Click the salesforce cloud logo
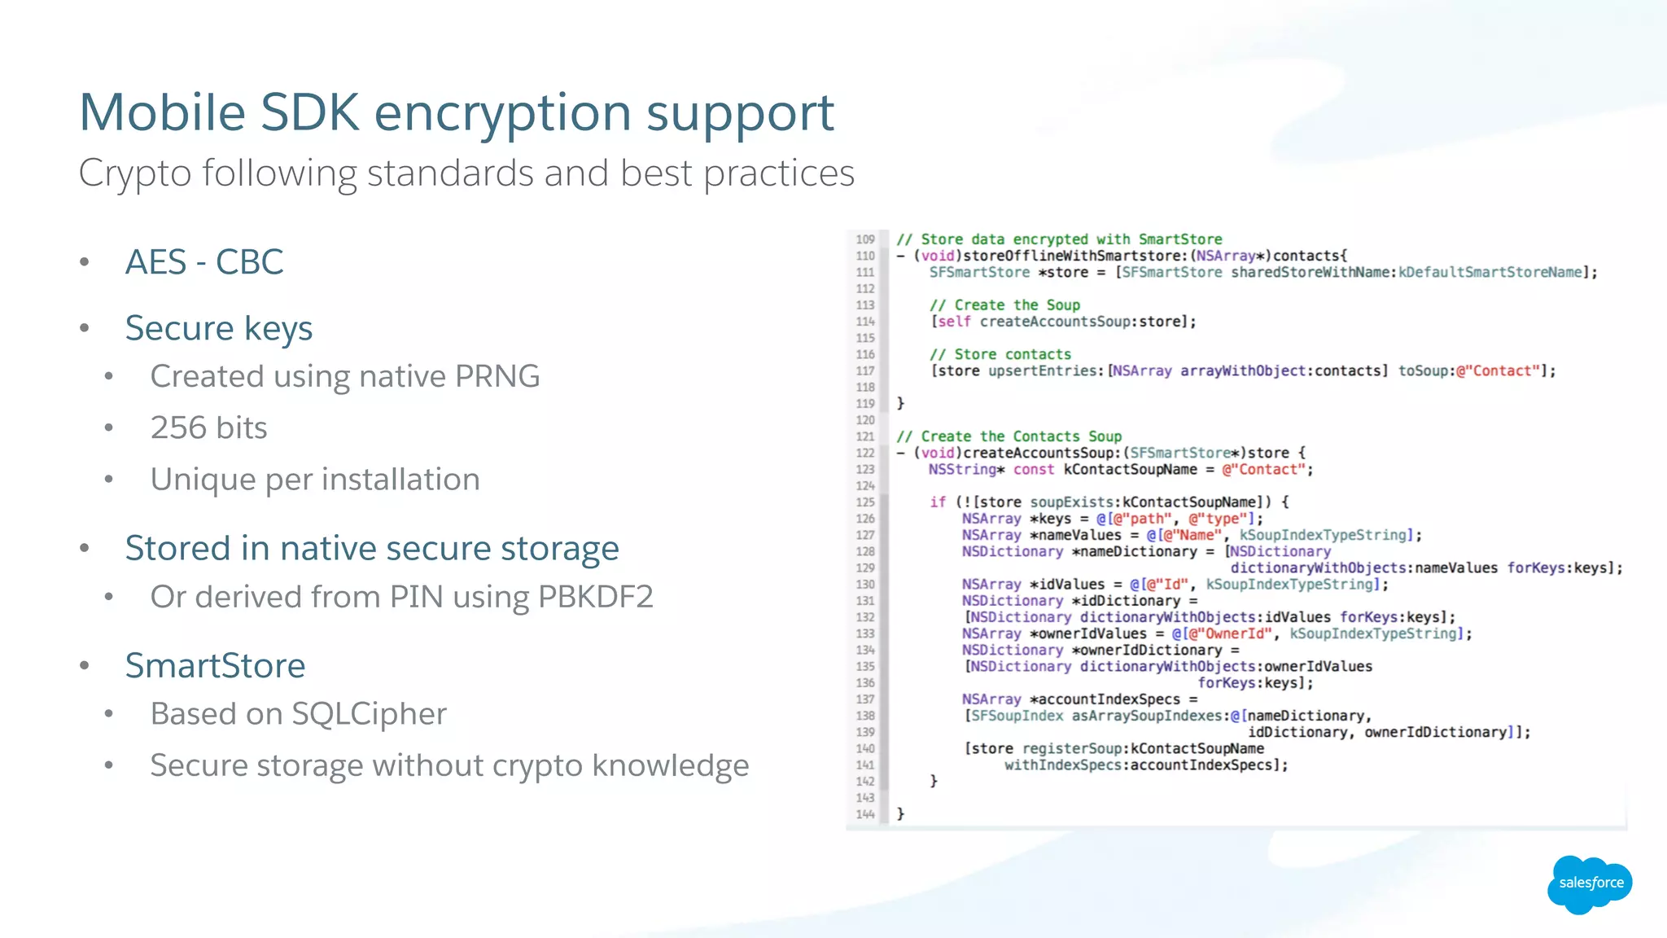click(1590, 883)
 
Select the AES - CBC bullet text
click(204, 262)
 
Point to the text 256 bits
click(208, 427)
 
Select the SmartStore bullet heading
click(215, 665)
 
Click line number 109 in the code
click(864, 239)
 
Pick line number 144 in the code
click(864, 814)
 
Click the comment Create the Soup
click(1005, 305)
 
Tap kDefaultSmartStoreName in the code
click(1490, 273)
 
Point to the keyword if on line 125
click(938, 502)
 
